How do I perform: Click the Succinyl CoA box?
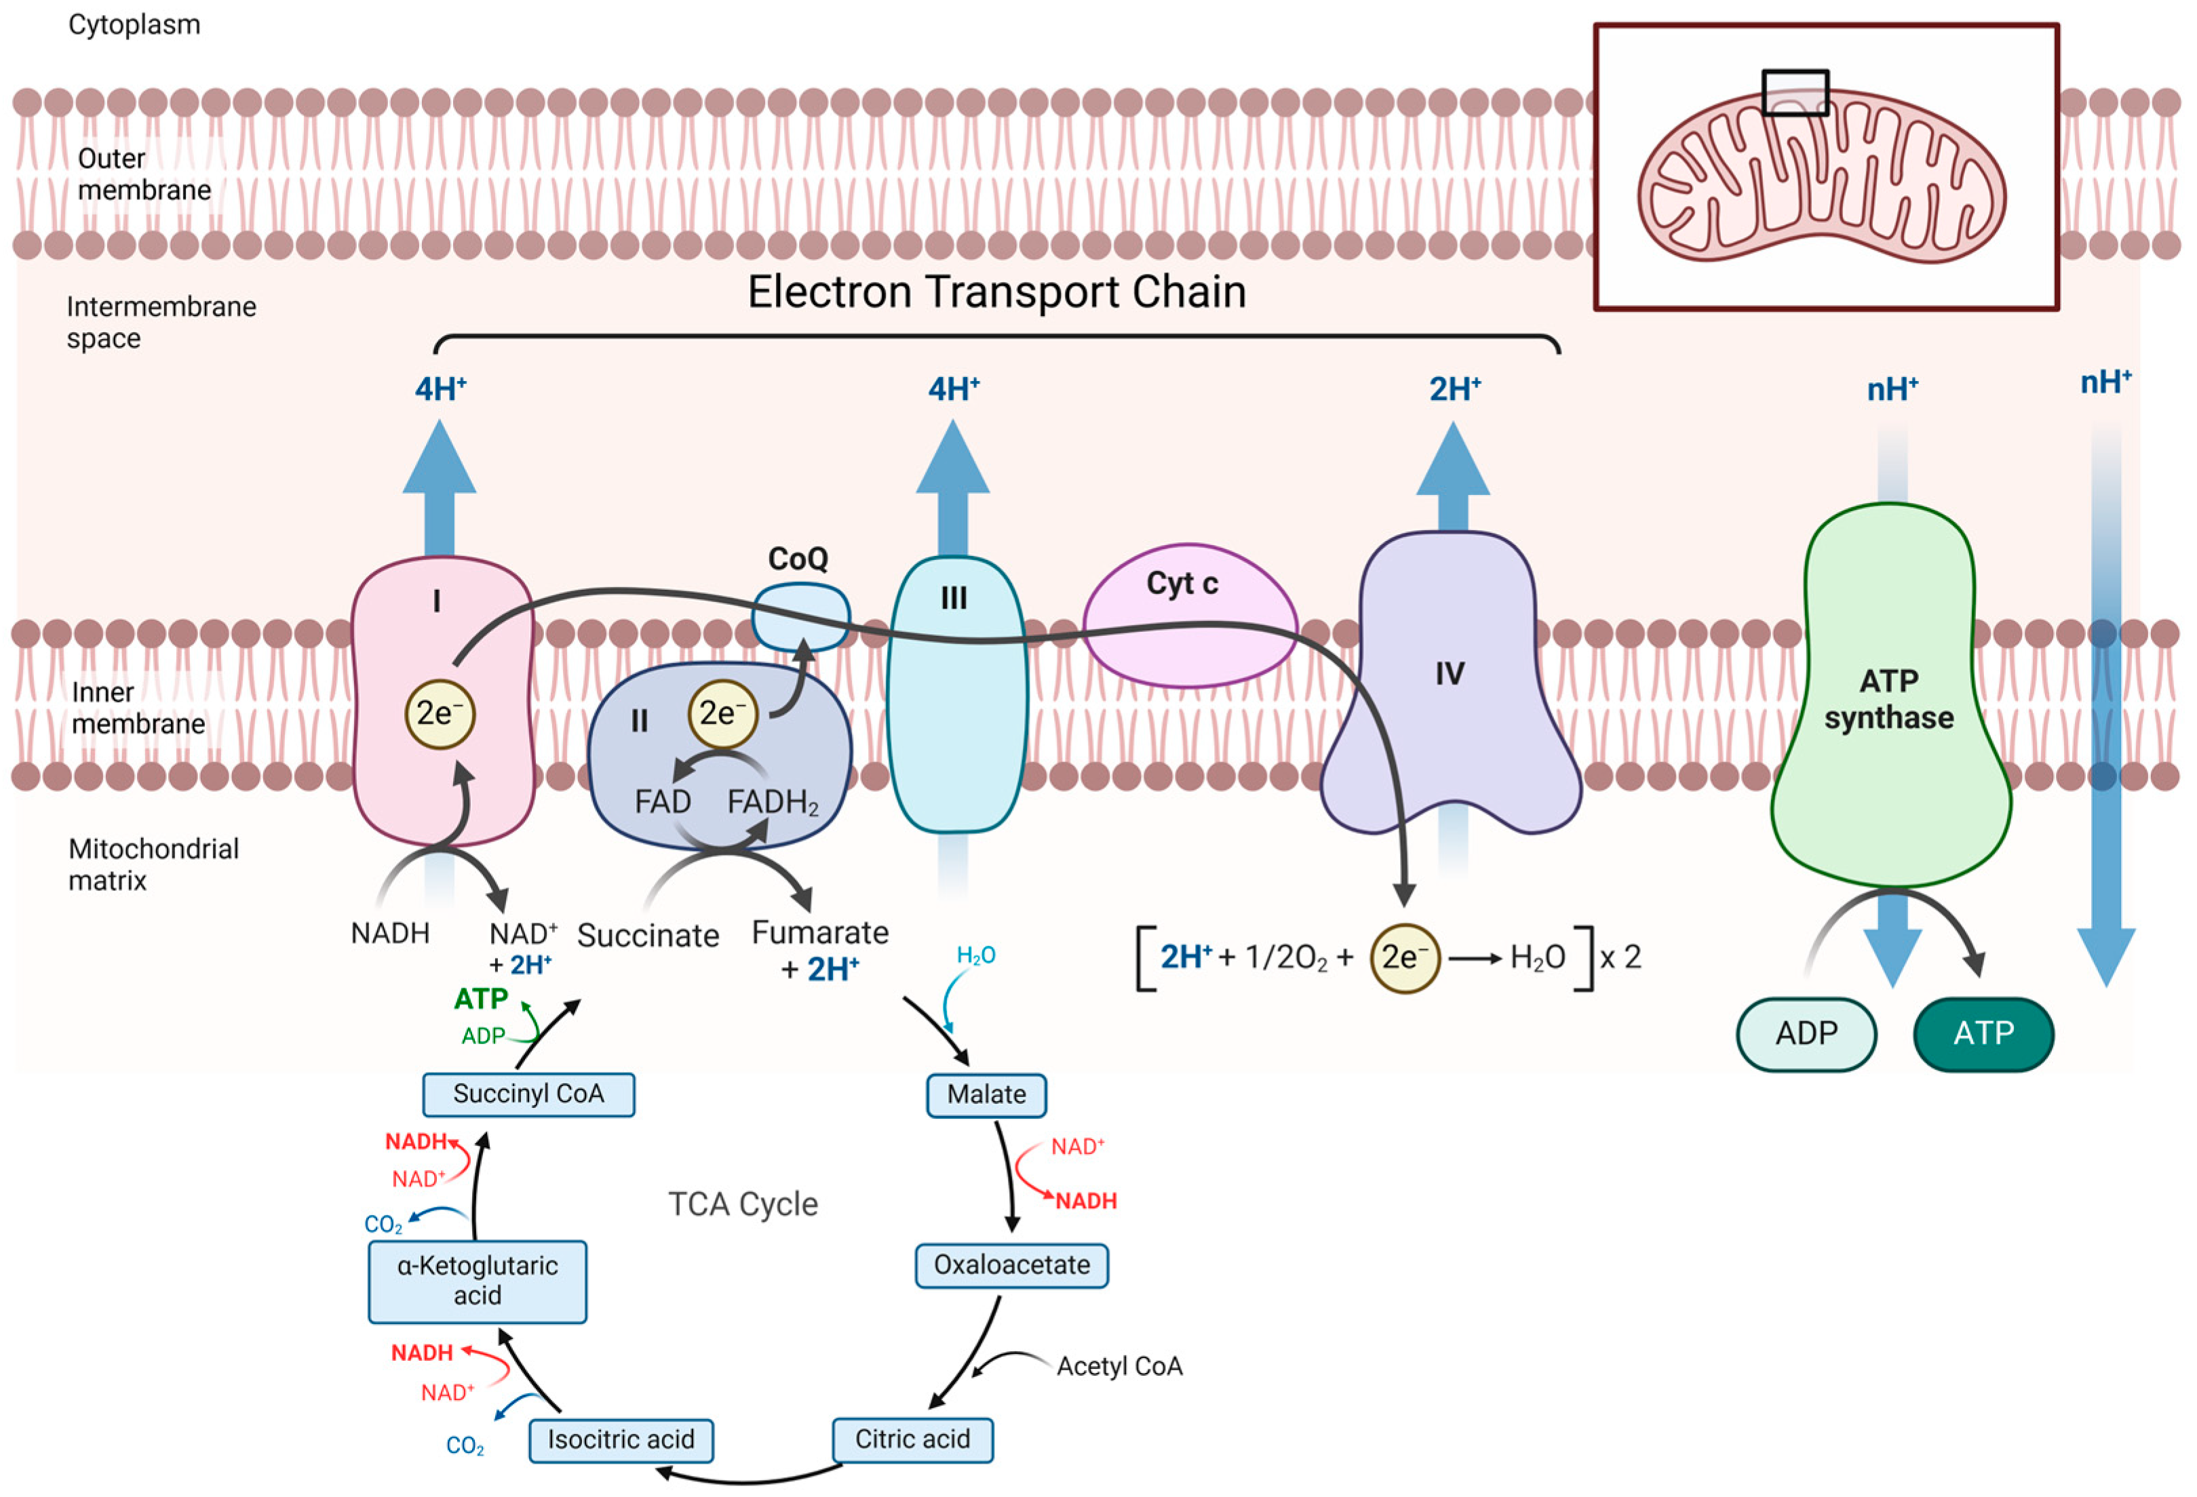coord(528,1094)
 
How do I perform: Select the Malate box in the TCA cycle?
coord(986,1096)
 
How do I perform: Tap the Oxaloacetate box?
coord(1011,1265)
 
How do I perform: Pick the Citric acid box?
coord(912,1439)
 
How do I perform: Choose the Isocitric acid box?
coord(621,1440)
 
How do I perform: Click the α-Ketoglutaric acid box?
coord(478,1281)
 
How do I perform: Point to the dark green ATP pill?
coord(1983,1034)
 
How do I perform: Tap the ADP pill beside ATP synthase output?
coord(1806,1034)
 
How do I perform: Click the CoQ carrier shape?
coord(800,617)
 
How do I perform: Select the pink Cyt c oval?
coord(1190,615)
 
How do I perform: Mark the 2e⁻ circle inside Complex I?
coord(440,713)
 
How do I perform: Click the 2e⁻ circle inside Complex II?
coord(723,713)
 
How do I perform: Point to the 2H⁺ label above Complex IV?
coord(1455,388)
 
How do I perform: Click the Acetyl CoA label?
coord(1119,1367)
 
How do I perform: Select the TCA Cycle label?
coord(743,1204)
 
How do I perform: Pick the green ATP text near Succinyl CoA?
coord(481,998)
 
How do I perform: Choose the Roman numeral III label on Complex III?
coord(954,598)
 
